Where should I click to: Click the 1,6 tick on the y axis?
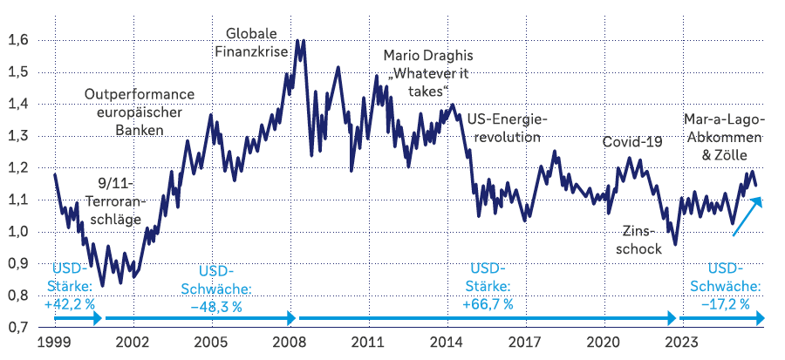click(18, 40)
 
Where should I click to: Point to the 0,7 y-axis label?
click(18, 327)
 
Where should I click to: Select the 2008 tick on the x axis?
click(289, 343)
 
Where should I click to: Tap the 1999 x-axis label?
click(54, 343)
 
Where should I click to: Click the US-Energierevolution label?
click(505, 127)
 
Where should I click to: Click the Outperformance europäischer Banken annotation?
click(140, 112)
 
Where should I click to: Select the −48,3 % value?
click(216, 305)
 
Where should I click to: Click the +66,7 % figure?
click(488, 304)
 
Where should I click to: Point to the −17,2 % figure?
click(727, 304)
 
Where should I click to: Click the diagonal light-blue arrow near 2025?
click(747, 216)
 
